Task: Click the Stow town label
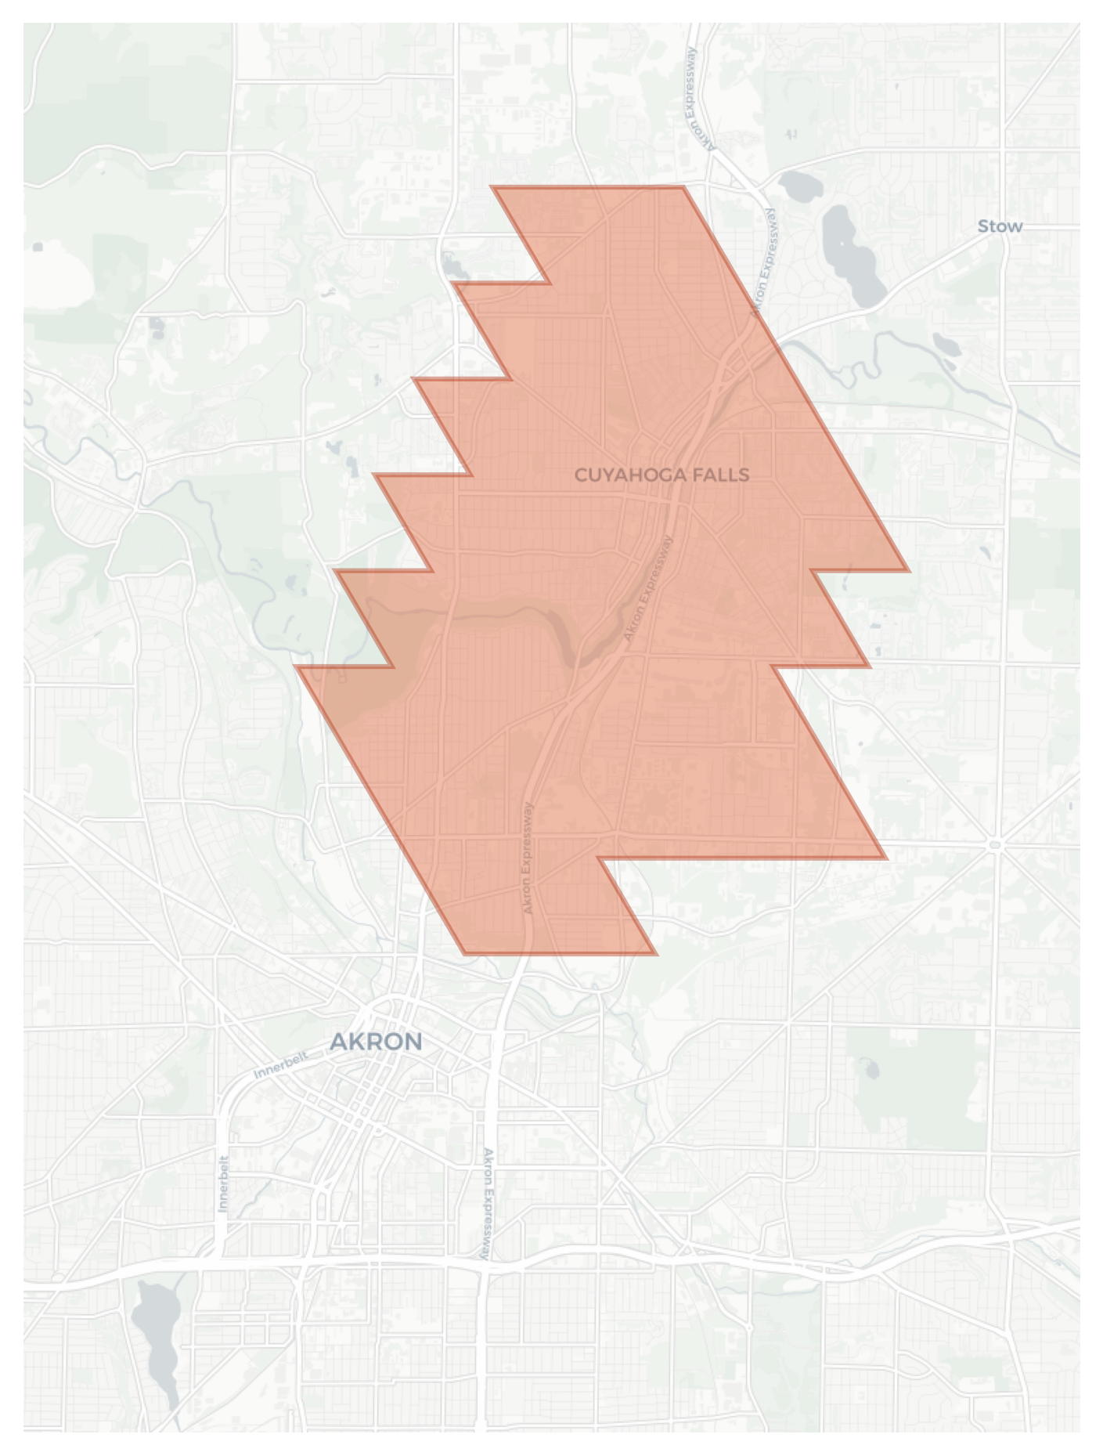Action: click(1000, 226)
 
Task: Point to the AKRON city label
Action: click(376, 1042)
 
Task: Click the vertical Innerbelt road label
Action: click(224, 1183)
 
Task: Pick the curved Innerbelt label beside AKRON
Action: click(281, 1065)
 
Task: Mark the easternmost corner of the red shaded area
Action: click(908, 570)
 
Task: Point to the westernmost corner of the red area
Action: click(297, 667)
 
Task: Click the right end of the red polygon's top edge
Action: click(683, 187)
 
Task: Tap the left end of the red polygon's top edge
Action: click(492, 187)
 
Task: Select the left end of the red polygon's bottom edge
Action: click(464, 954)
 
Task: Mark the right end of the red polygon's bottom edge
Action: click(656, 954)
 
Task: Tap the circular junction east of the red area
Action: click(995, 844)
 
